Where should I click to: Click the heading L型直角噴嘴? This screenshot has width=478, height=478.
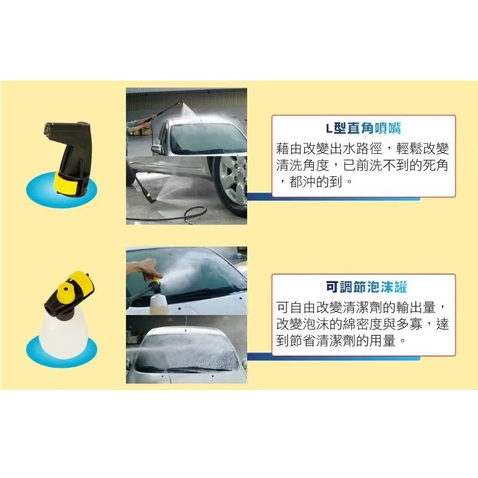363,128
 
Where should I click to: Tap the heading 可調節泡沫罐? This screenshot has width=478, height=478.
367,287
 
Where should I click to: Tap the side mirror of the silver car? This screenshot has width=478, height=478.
158,150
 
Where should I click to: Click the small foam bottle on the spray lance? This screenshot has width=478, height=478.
159,303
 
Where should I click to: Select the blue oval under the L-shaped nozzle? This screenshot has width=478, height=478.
61,190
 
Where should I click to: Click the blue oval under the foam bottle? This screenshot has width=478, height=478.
61,351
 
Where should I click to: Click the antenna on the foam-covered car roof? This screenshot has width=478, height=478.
185,323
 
